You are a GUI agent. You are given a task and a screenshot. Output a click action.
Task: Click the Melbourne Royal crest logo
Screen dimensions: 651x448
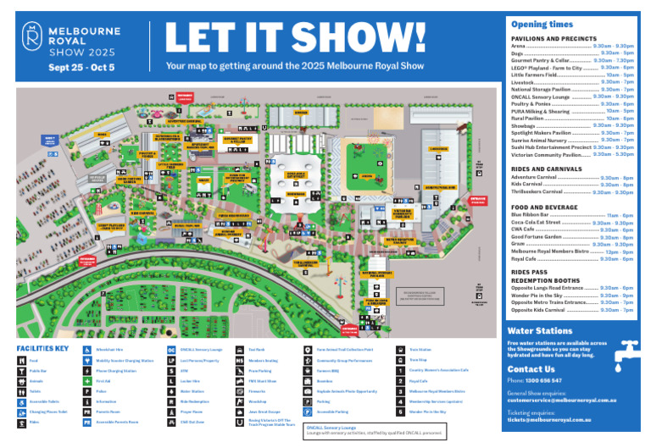[x=32, y=36]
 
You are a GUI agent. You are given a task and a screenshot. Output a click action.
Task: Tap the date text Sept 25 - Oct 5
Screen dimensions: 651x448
[x=81, y=67]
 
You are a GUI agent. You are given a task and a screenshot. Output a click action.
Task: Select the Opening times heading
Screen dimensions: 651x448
[x=540, y=25]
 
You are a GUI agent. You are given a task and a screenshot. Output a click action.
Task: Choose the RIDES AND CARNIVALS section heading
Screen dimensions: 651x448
[x=548, y=169]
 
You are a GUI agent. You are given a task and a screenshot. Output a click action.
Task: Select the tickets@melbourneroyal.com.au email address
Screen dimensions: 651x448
[x=559, y=419]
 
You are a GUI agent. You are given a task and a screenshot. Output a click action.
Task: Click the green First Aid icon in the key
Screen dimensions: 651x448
[x=88, y=381]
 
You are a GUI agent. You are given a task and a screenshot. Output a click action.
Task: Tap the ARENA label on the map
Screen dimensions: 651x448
[x=366, y=153]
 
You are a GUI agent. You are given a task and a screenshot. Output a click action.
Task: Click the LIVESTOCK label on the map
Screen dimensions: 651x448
[x=437, y=148]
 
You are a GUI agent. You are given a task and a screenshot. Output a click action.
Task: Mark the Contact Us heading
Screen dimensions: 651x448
[x=532, y=369]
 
